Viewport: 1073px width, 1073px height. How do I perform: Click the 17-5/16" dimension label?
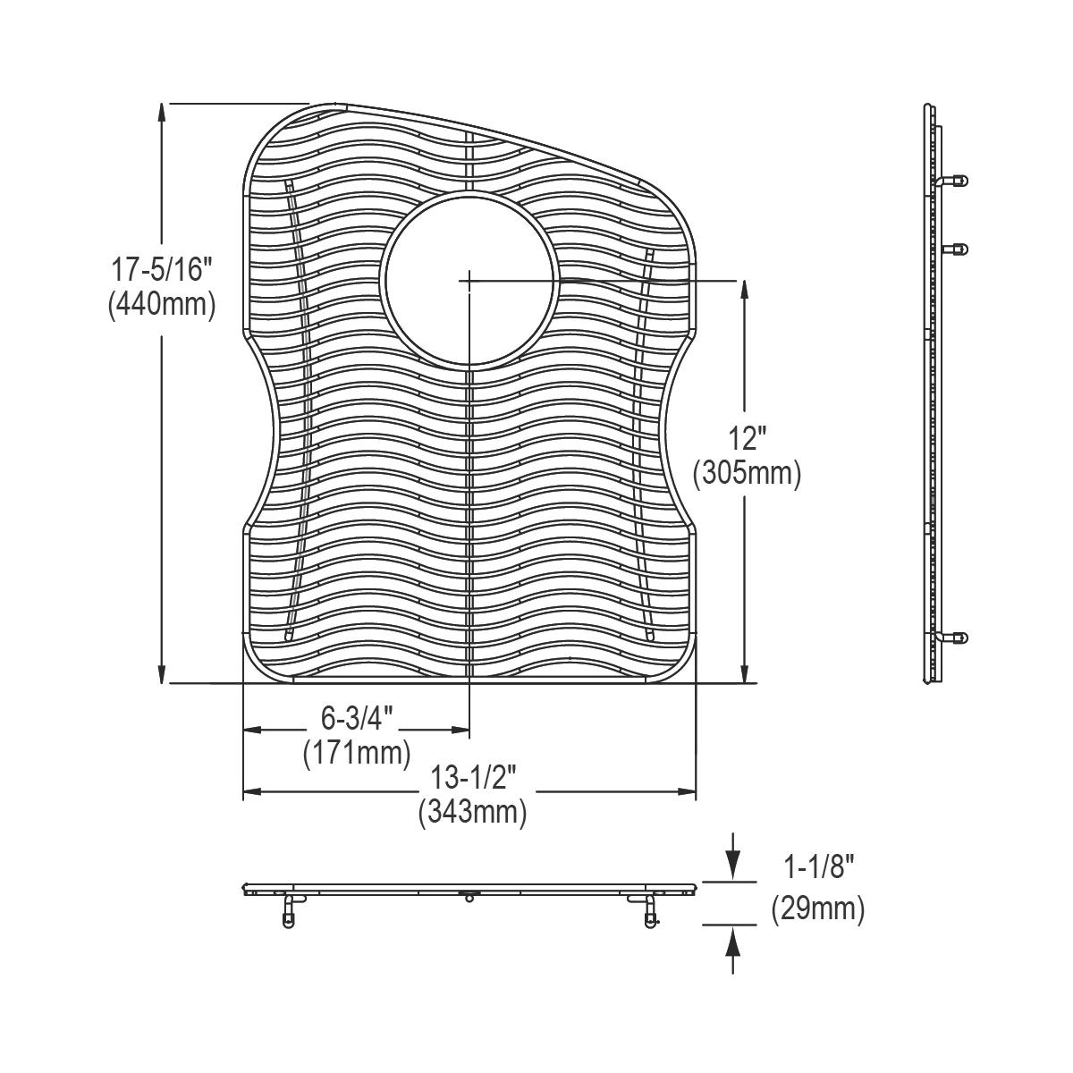tap(161, 268)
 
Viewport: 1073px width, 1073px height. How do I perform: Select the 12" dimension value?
tap(747, 439)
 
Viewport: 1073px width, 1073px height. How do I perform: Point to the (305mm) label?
tap(747, 474)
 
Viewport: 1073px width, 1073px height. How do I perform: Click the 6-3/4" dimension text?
tap(357, 716)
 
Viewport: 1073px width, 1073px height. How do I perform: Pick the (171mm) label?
tap(357, 751)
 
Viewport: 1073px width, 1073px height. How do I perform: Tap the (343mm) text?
tap(471, 813)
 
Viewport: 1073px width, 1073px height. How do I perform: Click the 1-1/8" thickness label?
tap(819, 866)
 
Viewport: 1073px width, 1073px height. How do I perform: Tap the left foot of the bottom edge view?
tap(288, 915)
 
